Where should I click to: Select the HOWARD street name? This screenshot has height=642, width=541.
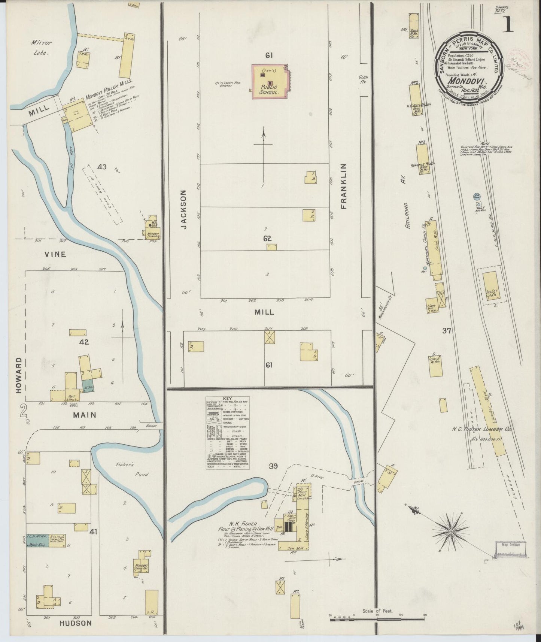coord(19,375)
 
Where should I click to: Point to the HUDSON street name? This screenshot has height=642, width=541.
coord(75,623)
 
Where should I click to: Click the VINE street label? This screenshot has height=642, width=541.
coord(55,254)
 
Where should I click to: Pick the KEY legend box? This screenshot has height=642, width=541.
coord(228,433)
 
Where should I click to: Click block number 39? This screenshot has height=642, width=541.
coord(273,466)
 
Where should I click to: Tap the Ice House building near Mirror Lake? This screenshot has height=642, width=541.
coord(127,55)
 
